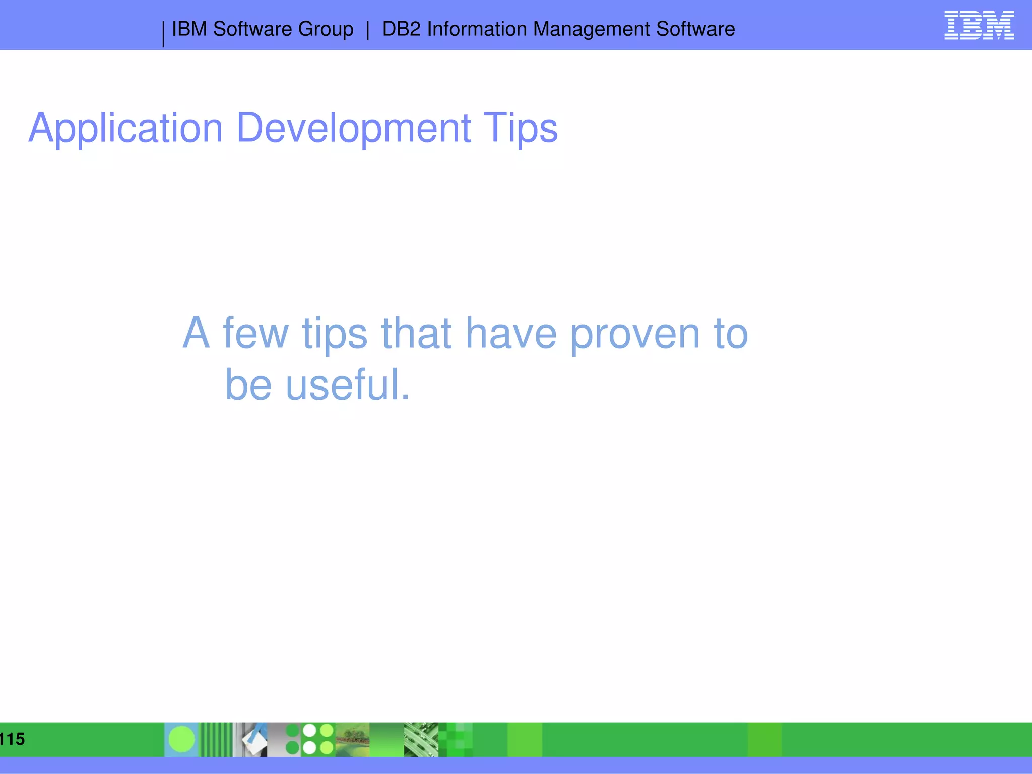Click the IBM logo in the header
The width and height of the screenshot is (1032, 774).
979,26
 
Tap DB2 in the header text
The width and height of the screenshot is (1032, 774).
401,29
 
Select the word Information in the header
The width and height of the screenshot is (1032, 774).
477,29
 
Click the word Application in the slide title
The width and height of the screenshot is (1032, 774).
125,128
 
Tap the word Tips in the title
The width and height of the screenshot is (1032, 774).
520,128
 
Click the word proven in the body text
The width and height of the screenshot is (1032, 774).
635,334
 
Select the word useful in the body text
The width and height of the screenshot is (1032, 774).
348,385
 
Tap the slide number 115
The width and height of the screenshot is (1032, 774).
12,739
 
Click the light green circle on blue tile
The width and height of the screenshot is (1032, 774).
181,739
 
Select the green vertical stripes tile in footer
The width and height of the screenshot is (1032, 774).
217,739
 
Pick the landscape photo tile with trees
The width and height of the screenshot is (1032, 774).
352,739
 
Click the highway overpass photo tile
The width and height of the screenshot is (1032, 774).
421,739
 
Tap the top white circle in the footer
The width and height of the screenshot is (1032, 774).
309,731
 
